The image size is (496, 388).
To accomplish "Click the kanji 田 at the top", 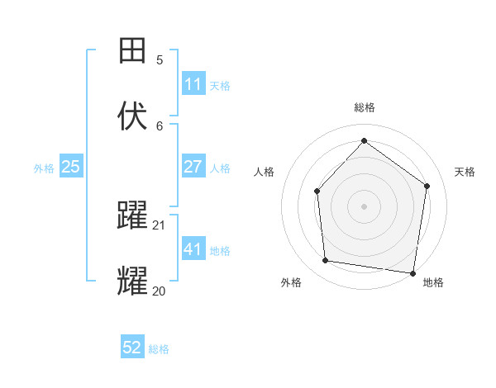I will [132, 51].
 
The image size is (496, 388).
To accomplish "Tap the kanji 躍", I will [132, 216].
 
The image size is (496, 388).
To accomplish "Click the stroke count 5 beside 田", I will [160, 59].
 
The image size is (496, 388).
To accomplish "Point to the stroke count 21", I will [160, 225].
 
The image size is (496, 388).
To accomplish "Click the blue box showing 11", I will [193, 84].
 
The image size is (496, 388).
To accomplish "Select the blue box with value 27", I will [193, 167].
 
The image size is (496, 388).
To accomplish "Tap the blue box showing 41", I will [193, 249].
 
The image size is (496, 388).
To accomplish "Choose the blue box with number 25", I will [71, 167].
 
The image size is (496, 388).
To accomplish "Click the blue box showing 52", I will [132, 348].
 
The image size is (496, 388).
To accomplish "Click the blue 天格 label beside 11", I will [220, 86].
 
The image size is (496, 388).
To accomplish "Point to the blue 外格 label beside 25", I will [44, 168].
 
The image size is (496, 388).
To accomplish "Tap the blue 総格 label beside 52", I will [159, 349].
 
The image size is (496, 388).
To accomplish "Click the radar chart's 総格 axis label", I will [365, 107].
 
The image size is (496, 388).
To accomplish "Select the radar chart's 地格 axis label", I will [434, 282].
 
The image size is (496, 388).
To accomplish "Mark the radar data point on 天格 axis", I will [427, 186].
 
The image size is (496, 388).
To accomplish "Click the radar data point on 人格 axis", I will [317, 192].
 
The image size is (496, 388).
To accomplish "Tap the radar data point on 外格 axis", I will [326, 261].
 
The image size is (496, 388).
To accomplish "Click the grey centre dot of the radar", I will [365, 206].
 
